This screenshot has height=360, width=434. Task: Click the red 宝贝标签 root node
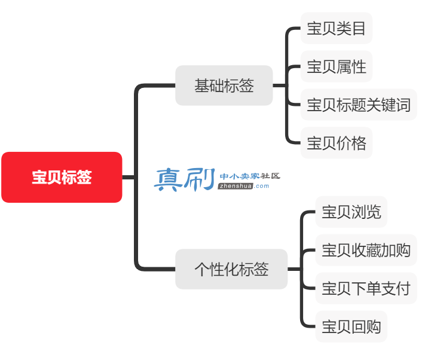point(62,177)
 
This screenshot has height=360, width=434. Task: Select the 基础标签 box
point(224,86)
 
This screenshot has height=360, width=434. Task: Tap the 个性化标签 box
point(231,269)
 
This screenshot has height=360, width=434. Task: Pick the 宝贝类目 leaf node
point(337,28)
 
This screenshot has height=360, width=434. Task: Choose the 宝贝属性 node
point(337,66)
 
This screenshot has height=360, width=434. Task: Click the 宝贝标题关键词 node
point(359,105)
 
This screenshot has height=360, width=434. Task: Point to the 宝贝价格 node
point(337,143)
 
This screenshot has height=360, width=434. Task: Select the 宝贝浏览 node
point(352,212)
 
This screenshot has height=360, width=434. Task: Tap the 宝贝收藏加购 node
point(366,250)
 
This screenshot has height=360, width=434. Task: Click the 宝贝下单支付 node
point(366,288)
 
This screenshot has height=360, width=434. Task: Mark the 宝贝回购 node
point(352,327)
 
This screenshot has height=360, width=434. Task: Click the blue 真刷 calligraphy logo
point(185,179)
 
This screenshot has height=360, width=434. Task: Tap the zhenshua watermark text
point(236,186)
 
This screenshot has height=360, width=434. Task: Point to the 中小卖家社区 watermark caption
point(250,176)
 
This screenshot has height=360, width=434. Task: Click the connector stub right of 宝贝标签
point(129,177)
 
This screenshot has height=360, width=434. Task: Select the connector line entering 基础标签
point(155,86)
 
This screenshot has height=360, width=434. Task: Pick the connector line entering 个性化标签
point(155,269)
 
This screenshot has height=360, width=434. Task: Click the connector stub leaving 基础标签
point(280,86)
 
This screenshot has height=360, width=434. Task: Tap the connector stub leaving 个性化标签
point(295,269)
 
